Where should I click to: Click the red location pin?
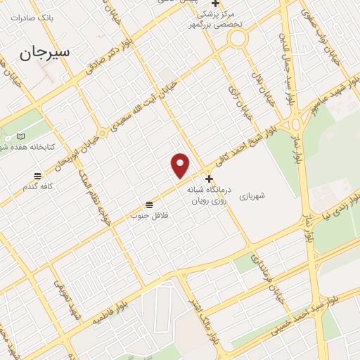(x=181, y=165)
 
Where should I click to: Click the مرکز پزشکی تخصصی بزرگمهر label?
(x=219, y=19)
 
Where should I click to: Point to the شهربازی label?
(x=252, y=196)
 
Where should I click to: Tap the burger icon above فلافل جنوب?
(x=149, y=205)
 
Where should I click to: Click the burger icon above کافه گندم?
(x=37, y=175)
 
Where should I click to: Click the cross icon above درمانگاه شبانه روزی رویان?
(x=208, y=179)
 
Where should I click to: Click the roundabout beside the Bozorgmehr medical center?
(x=238, y=39)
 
